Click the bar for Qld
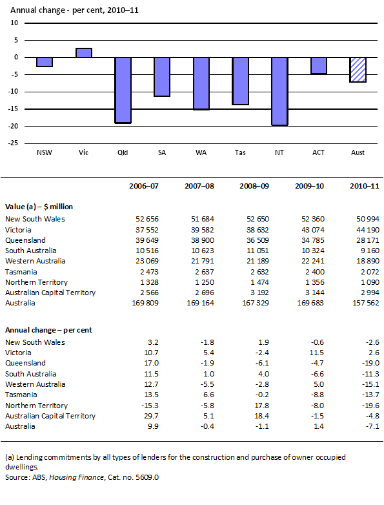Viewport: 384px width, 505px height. [x=123, y=90]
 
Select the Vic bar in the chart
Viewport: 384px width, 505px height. [x=84, y=53]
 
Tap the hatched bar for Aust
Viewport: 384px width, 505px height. [x=358, y=70]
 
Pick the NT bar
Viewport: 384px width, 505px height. [x=279, y=91]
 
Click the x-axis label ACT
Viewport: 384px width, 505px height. [x=319, y=153]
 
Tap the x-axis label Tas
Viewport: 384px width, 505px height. [x=240, y=153]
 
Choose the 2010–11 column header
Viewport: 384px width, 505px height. [x=358, y=187]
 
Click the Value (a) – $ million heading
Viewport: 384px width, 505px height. [x=39, y=207]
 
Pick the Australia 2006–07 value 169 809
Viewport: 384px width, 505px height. [x=145, y=303]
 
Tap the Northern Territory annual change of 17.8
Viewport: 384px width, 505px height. [x=260, y=406]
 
